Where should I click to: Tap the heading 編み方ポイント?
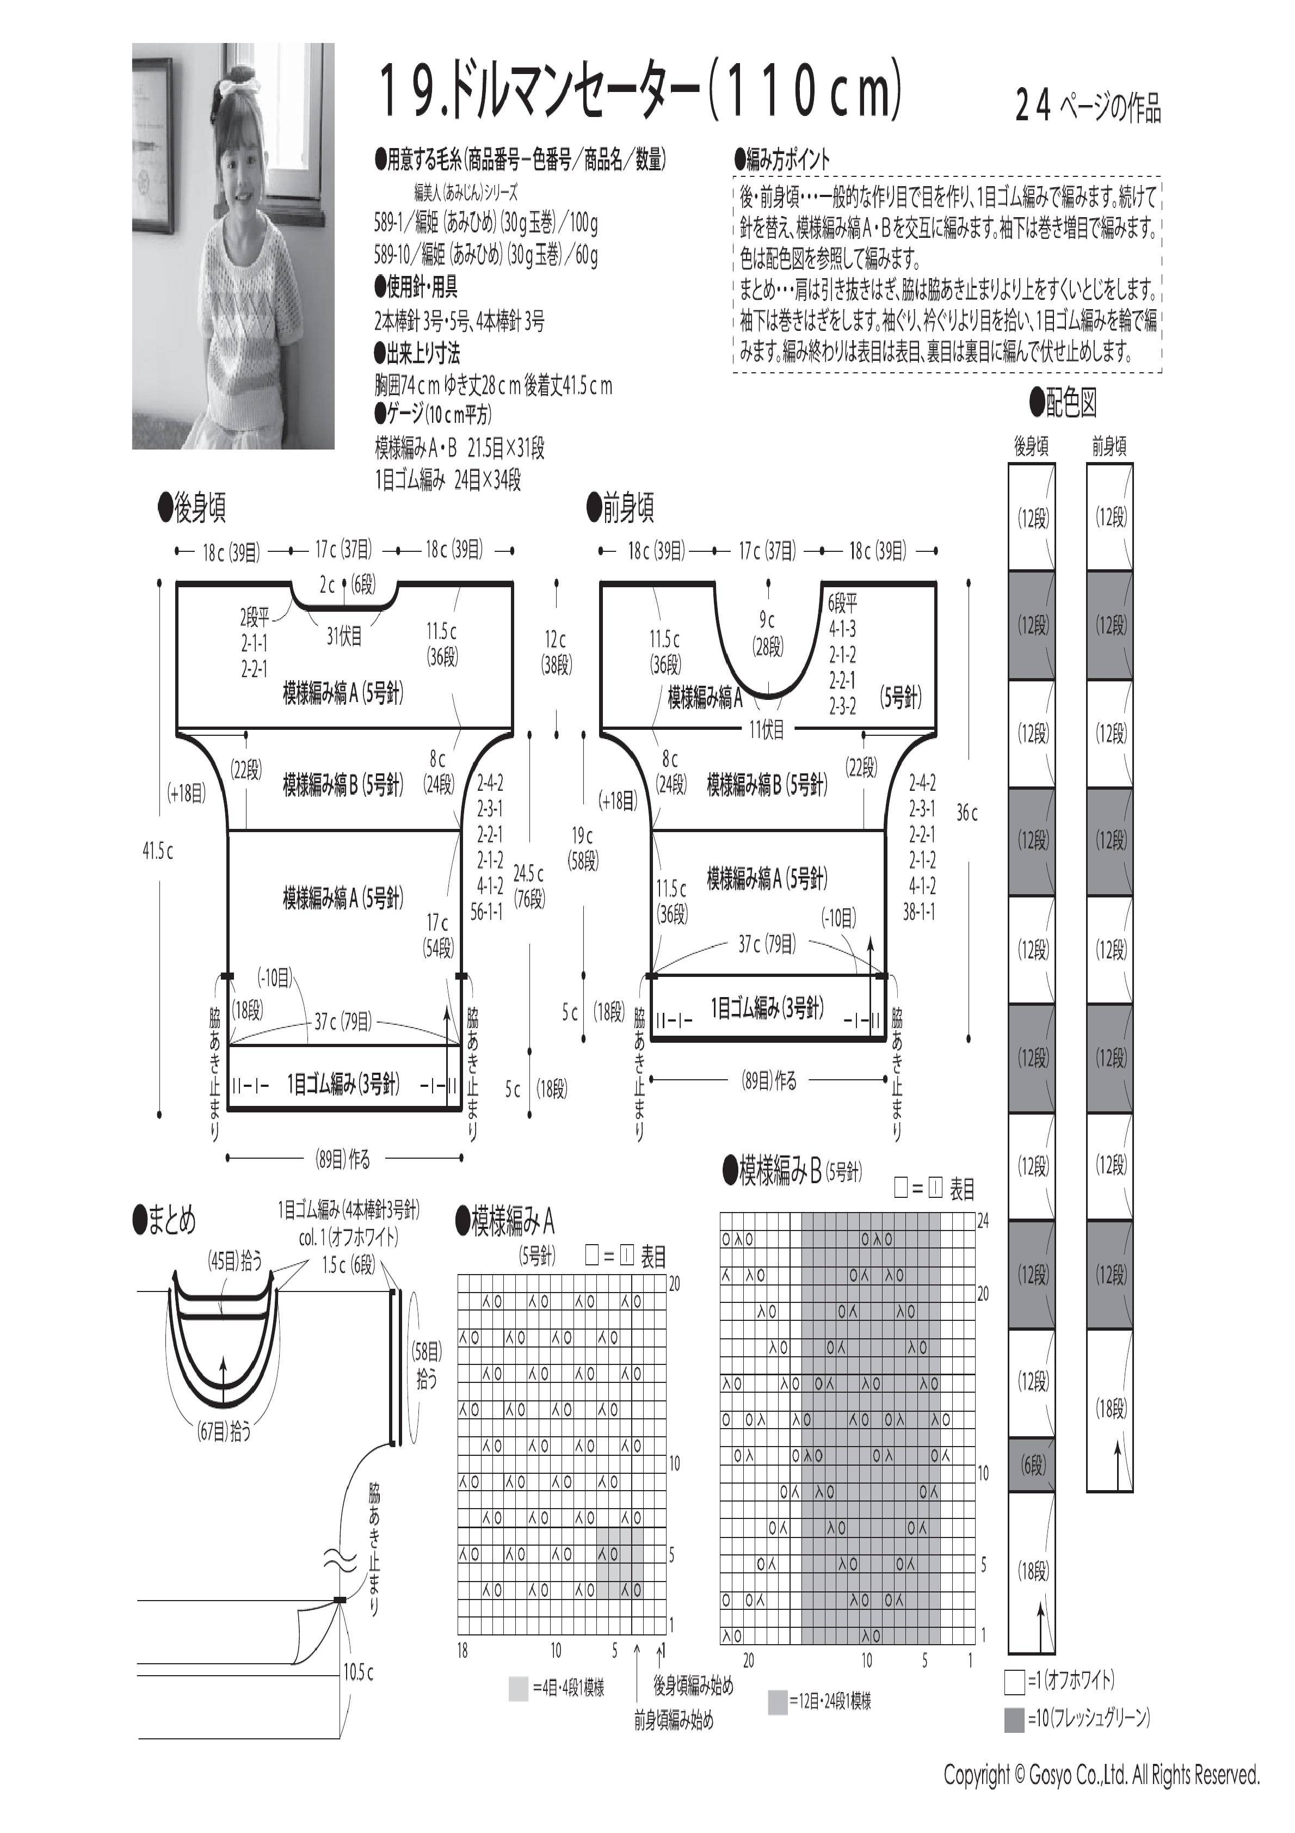tap(782, 159)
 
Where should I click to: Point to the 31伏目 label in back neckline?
tap(344, 636)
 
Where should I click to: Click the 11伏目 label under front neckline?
tap(767, 728)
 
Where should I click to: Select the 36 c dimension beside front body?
tap(967, 813)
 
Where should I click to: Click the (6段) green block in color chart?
tap(1032, 1465)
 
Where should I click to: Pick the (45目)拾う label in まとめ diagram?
tap(235, 1262)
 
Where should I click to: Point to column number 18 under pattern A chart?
tap(463, 1651)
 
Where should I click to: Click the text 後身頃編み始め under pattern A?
tap(693, 1686)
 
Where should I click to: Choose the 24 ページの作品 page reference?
tap(1088, 106)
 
